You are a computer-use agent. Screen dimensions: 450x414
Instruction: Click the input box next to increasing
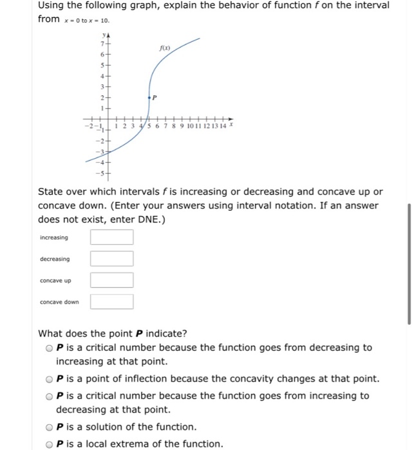(111, 237)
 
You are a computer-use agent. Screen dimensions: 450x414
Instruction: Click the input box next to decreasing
(111, 259)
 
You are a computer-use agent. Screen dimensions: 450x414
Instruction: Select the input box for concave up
(111, 280)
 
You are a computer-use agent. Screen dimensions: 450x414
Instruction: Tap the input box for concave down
(111, 301)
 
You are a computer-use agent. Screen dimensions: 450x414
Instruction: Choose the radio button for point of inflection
(49, 379)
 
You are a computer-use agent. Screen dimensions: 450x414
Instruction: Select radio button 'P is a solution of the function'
(49, 427)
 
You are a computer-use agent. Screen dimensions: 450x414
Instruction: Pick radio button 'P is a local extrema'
(49, 444)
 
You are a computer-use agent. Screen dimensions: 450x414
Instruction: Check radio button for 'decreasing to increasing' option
(49, 348)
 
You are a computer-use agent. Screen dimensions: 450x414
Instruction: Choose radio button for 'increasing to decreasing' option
(49, 396)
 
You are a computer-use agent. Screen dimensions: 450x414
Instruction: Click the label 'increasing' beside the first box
(55, 238)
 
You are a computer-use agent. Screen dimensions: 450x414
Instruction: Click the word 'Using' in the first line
(54, 6)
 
